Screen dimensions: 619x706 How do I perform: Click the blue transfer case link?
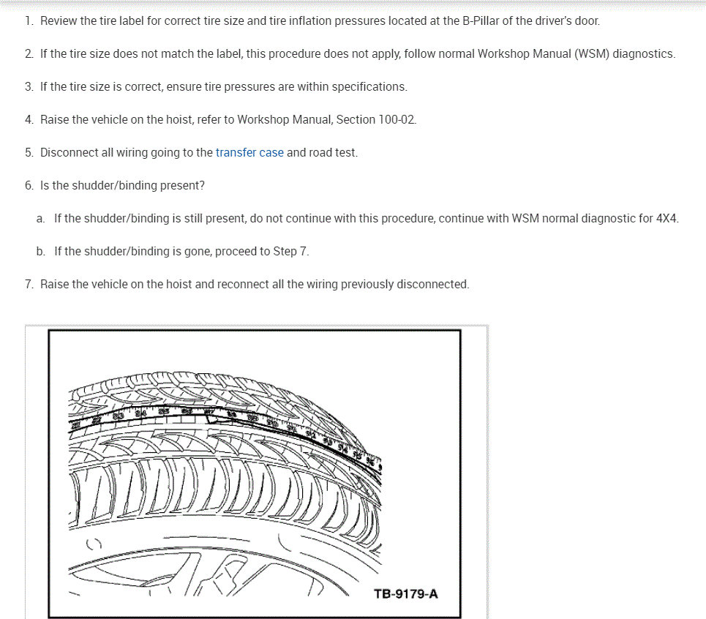pos(249,153)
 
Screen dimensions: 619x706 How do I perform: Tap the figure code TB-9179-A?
pos(406,593)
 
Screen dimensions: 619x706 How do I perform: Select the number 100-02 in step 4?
pos(398,119)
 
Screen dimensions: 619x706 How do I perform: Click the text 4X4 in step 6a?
pos(667,219)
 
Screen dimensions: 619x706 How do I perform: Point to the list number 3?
pos(29,87)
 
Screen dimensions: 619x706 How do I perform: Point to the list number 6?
pos(29,186)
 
